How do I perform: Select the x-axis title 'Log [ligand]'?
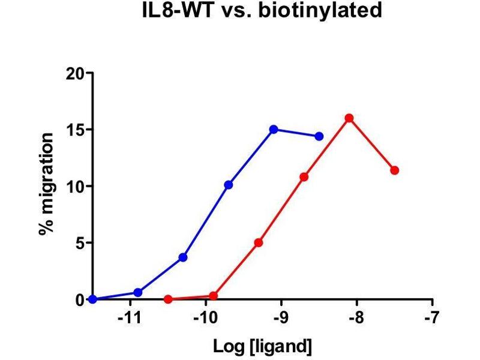262,346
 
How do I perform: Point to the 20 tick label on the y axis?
77,73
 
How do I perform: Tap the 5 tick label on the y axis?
81,243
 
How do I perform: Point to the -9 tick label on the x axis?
280,317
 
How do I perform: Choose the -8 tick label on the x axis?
356,317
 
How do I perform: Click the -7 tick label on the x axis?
431,317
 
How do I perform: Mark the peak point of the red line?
349,118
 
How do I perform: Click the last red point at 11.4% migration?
394,170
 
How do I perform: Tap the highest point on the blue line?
274,130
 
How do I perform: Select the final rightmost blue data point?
319,136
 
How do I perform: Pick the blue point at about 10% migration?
228,185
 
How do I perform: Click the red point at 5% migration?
259,243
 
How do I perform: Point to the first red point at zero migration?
168,299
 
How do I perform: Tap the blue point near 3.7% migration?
183,257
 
